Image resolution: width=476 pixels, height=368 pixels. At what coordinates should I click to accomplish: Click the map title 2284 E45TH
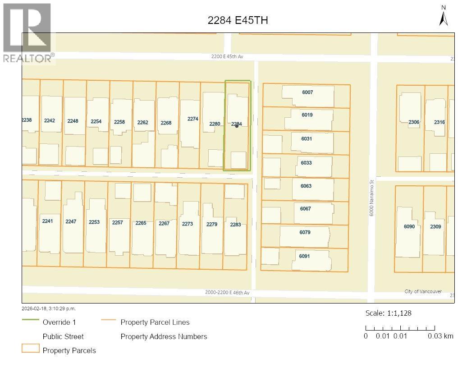coord(238,20)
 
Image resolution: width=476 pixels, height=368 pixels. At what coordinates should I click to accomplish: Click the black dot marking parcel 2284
coord(237,126)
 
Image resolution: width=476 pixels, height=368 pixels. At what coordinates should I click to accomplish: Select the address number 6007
coord(307,92)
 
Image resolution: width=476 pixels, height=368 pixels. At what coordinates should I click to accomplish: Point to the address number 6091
coord(304,256)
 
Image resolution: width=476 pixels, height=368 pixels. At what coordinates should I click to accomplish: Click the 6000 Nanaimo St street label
coord(372,198)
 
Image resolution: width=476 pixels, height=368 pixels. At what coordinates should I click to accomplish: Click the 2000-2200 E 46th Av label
coord(227,293)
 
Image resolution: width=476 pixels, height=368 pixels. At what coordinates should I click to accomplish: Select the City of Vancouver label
coord(423,292)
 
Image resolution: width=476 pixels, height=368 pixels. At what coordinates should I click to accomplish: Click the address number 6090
coord(409,226)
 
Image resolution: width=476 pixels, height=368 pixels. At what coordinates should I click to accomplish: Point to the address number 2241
coord(47,221)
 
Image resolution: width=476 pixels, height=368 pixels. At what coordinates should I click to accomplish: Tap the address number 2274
coord(193,119)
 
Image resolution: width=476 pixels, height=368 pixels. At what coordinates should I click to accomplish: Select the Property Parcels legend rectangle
coord(30,349)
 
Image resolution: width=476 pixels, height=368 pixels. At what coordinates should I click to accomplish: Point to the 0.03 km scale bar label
coord(440,336)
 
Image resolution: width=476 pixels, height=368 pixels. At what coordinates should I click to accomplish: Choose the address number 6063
coord(306,186)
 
